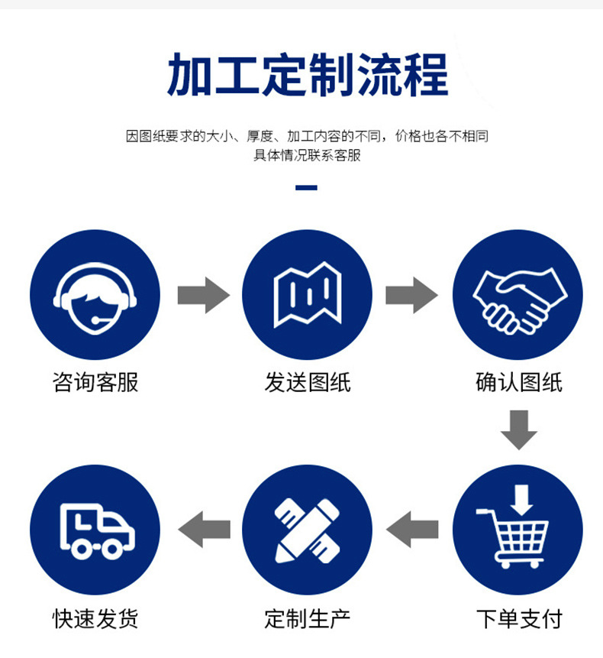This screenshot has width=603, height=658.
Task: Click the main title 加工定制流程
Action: click(x=307, y=74)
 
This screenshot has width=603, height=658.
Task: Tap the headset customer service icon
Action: click(x=95, y=295)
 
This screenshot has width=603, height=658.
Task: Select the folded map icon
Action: click(x=307, y=295)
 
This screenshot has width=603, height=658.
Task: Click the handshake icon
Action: click(x=518, y=295)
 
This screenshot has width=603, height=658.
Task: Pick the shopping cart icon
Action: click(x=518, y=530)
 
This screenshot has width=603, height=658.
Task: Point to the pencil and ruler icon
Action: click(x=307, y=530)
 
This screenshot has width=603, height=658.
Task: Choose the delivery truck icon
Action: click(x=95, y=530)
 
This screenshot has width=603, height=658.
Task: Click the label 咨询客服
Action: click(x=95, y=382)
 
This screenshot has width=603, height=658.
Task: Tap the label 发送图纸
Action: click(x=307, y=382)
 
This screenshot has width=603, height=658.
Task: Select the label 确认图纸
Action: click(x=518, y=382)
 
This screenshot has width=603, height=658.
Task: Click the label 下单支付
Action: click(x=518, y=617)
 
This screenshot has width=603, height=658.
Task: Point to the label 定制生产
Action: click(x=307, y=617)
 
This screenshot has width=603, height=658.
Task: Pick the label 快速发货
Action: click(x=95, y=617)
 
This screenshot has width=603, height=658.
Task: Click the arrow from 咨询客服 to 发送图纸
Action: click(x=203, y=295)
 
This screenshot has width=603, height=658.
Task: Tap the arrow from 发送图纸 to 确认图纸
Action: click(x=411, y=295)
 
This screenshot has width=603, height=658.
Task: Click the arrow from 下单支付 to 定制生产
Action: click(x=412, y=529)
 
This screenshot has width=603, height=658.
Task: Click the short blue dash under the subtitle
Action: click(x=306, y=187)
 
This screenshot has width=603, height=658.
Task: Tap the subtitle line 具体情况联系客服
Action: click(x=307, y=155)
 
